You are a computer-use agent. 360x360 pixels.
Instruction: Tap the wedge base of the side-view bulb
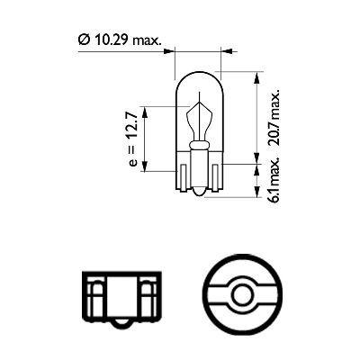tap(198, 175)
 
